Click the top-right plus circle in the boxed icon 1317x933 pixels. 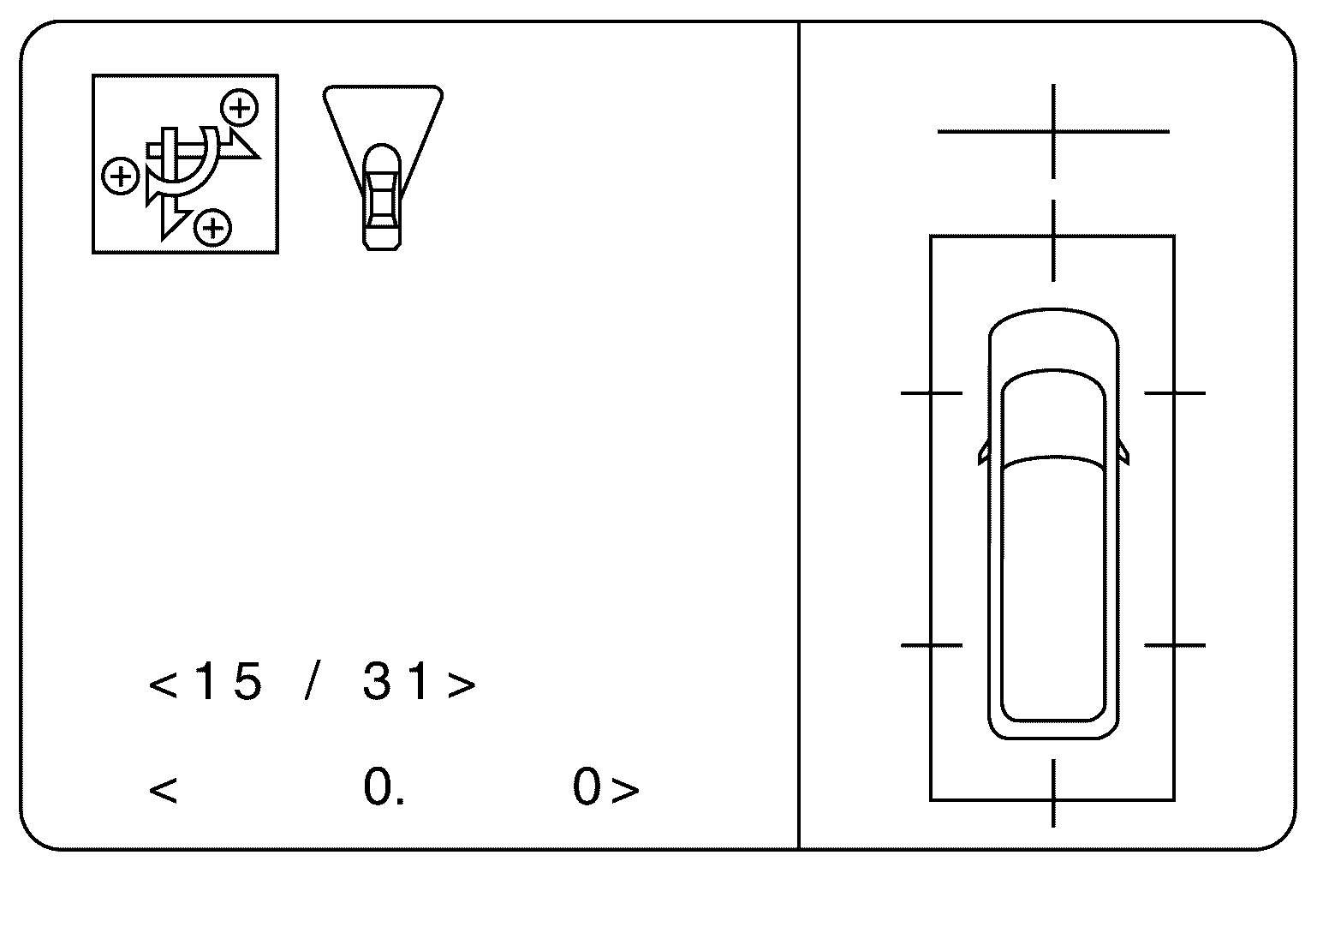[240, 108]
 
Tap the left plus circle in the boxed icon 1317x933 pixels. [121, 176]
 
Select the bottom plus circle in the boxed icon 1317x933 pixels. [213, 228]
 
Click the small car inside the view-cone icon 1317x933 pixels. [382, 197]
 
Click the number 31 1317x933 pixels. [396, 683]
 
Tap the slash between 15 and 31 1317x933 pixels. [313, 683]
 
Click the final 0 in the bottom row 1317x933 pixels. [587, 787]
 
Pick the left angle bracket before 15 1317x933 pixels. [163, 685]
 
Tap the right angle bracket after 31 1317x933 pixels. [462, 685]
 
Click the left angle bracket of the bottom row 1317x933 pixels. [163, 789]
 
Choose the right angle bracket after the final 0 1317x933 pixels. [626, 789]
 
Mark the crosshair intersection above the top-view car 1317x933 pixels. [1053, 132]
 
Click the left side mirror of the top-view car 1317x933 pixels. [983, 454]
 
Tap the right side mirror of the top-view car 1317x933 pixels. [1123, 454]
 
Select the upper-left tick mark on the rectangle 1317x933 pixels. [932, 393]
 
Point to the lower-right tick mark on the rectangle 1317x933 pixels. [1174, 644]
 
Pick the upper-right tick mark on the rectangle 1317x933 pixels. [1174, 393]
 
